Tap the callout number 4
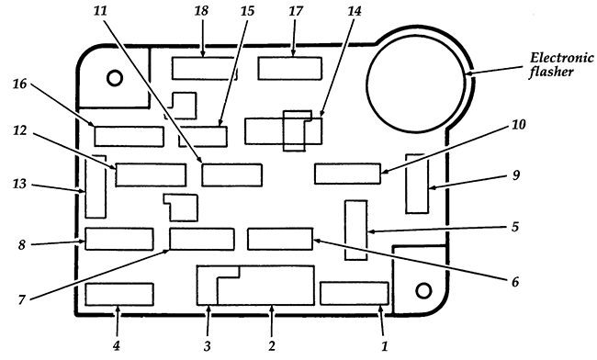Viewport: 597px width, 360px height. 118,345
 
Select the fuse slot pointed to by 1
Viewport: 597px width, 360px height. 355,293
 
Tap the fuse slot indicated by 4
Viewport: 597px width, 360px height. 118,294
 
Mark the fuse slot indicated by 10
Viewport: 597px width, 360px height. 347,173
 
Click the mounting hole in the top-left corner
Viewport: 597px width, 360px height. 115,76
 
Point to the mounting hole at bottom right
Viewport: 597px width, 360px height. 423,290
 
